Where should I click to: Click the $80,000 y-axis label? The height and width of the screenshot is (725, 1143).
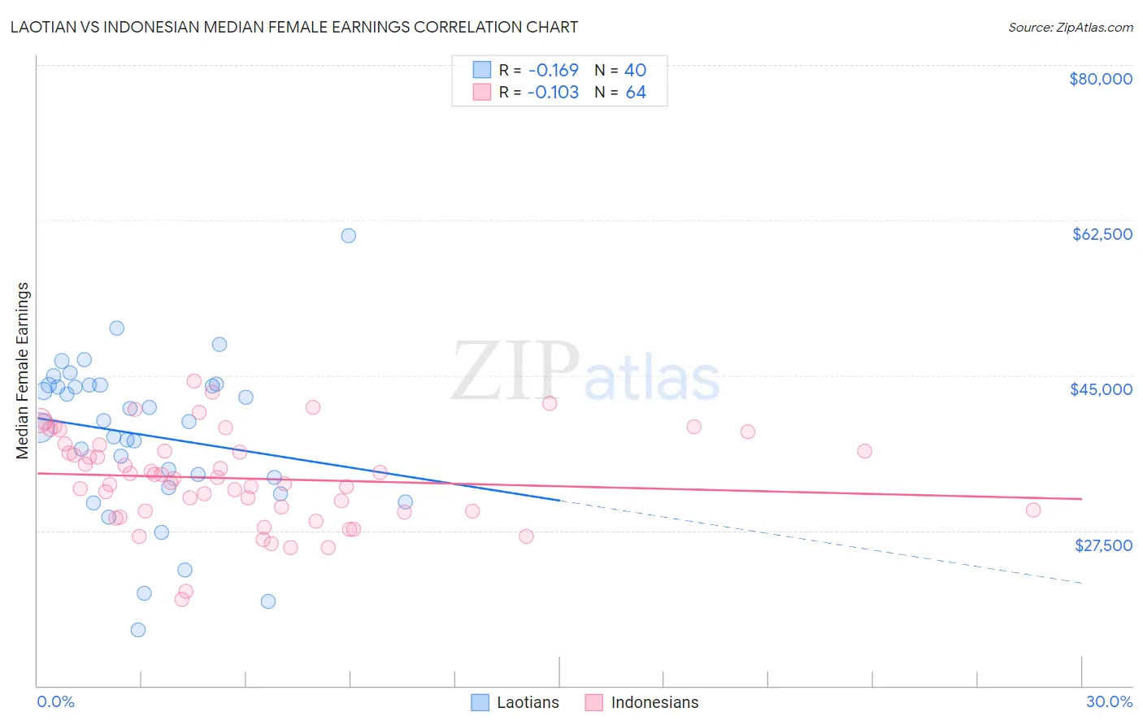point(1101,79)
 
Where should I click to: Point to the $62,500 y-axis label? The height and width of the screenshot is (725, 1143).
point(1102,234)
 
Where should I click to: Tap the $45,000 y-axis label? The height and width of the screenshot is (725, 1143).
point(1101,389)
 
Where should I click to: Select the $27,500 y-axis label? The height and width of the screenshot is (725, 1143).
point(1103,545)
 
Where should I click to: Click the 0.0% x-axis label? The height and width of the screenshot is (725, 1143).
point(55,701)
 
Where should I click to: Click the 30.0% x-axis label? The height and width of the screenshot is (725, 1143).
point(1109,701)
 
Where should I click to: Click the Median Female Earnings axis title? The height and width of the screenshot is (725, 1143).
point(23,371)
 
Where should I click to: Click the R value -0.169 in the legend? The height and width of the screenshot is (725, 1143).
point(553,71)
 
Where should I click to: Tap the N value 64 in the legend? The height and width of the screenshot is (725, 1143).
point(636,93)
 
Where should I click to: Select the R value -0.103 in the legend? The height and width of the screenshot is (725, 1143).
point(553,93)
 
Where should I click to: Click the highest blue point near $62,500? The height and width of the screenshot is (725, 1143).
point(348,236)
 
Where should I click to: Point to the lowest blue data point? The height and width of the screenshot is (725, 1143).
point(138,630)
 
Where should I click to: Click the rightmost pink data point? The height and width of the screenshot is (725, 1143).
point(1033,510)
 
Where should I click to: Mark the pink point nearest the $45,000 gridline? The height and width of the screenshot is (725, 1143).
point(193,381)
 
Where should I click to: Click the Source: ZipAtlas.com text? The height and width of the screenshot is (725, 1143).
point(1070,28)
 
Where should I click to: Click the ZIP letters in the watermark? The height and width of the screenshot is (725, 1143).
point(515,371)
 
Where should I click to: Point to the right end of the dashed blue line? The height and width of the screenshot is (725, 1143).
point(1081,583)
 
